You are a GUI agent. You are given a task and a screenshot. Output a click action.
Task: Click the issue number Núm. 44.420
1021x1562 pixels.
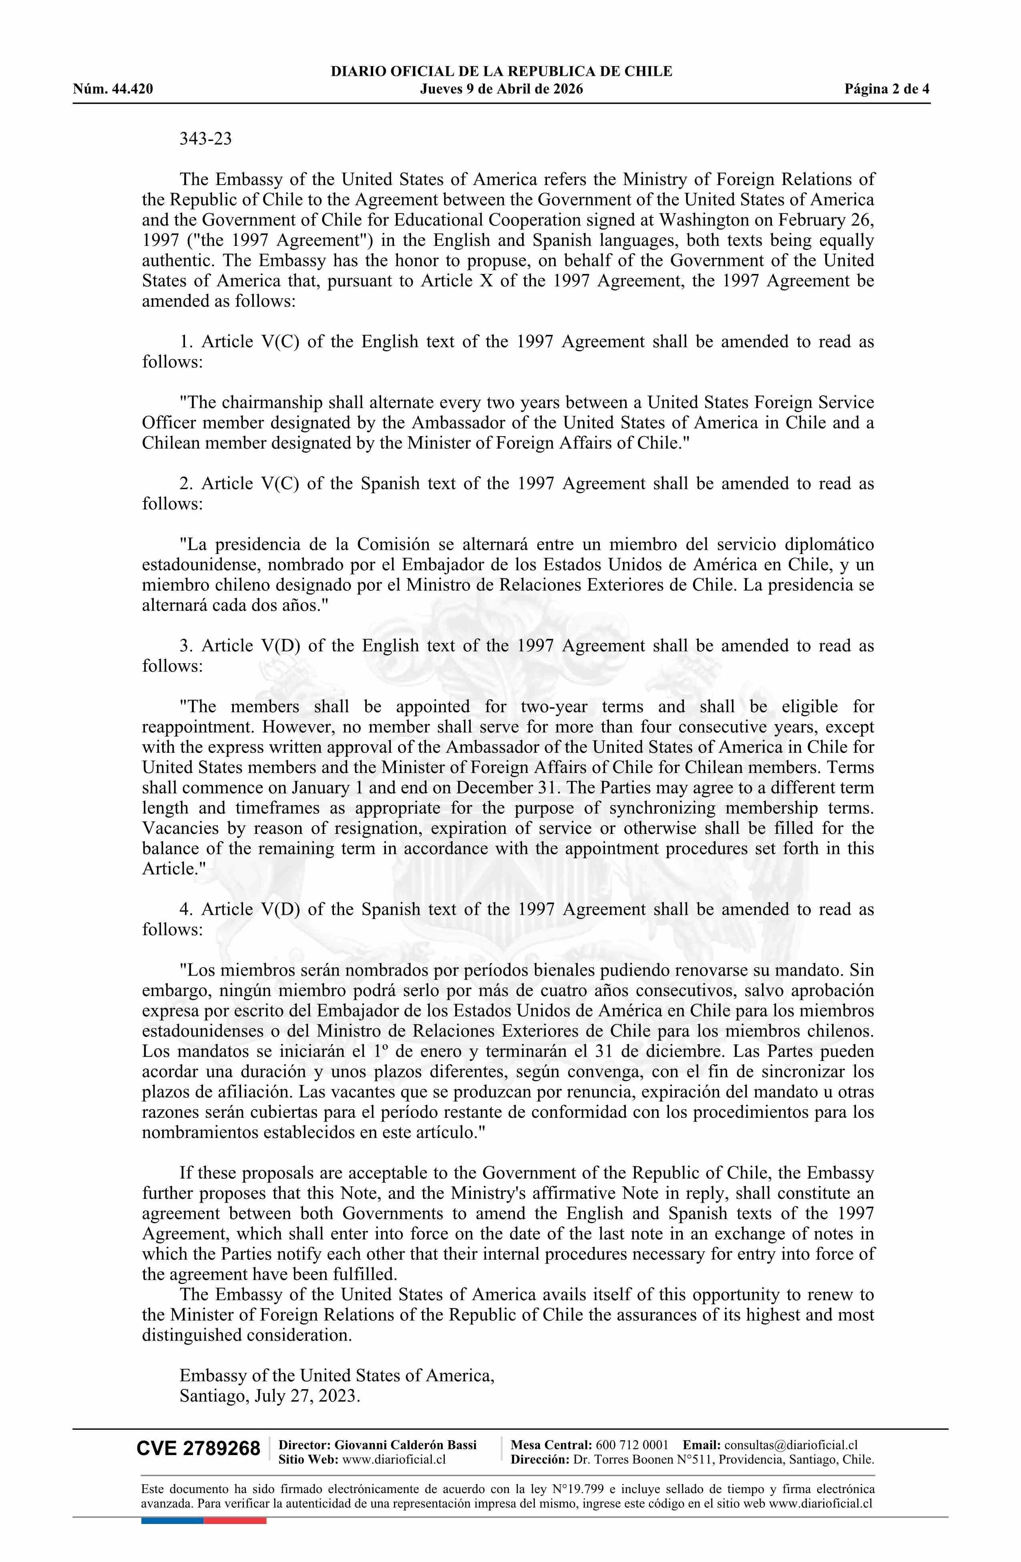pos(113,89)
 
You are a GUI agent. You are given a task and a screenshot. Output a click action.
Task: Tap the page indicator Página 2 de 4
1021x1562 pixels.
pos(887,89)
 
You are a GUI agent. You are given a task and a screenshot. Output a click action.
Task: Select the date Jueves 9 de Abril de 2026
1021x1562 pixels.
pos(501,89)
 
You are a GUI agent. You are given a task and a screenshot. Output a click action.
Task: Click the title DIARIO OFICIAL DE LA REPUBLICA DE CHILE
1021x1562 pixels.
pos(501,72)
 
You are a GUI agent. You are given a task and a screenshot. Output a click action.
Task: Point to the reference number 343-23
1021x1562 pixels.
pos(205,139)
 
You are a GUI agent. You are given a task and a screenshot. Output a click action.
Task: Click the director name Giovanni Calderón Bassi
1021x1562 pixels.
pos(406,1445)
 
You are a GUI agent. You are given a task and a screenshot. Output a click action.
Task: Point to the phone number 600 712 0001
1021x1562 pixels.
pos(632,1445)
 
